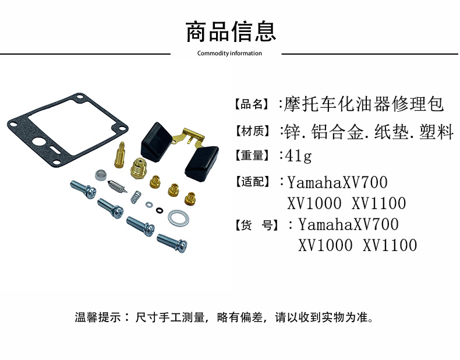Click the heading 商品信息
[x=231, y=31]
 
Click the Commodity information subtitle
[x=229, y=54]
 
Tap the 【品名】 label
[x=252, y=104]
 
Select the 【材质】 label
[x=252, y=131]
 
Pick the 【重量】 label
[x=252, y=156]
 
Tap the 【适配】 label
[x=252, y=182]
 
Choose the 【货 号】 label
[x=256, y=225]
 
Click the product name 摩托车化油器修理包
[x=364, y=104]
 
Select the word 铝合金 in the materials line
[x=337, y=132]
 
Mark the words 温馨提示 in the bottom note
[x=98, y=317]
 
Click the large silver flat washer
[x=178, y=218]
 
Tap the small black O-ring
[x=160, y=210]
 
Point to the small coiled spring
[x=135, y=196]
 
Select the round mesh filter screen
[x=101, y=175]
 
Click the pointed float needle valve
[x=118, y=186]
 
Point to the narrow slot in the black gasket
[x=55, y=148]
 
